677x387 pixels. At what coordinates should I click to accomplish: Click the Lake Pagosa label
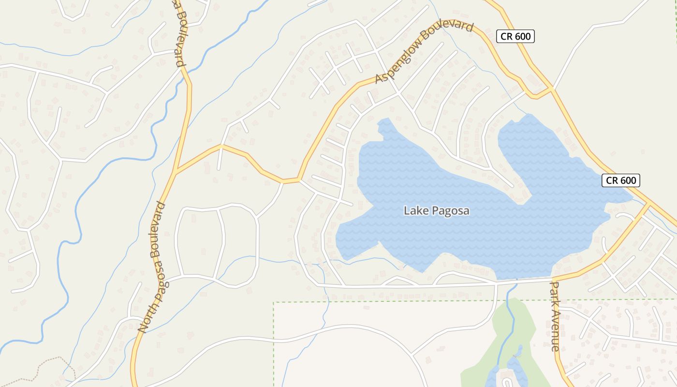pos(436,211)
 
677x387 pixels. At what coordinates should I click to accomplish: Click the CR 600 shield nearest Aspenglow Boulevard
pos(515,36)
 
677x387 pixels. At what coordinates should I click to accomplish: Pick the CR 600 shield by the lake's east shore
pos(621,180)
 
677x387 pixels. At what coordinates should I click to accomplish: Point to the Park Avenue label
pos(555,317)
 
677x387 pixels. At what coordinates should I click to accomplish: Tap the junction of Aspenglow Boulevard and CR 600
pos(551,89)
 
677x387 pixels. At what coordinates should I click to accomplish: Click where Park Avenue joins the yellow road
pos(552,279)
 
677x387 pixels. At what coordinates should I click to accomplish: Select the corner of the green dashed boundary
pos(274,303)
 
